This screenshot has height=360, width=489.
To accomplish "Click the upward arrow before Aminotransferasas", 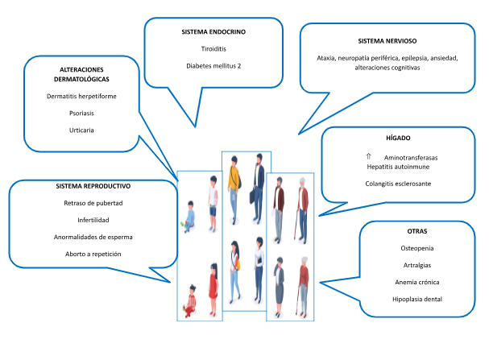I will click(x=368, y=155).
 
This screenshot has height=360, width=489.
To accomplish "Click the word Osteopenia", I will click(x=416, y=247).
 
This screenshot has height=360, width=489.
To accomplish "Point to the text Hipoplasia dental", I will click(x=416, y=300).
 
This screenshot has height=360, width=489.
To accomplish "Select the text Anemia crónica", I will click(x=416, y=282).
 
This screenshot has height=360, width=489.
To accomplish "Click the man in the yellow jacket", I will click(x=234, y=189).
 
